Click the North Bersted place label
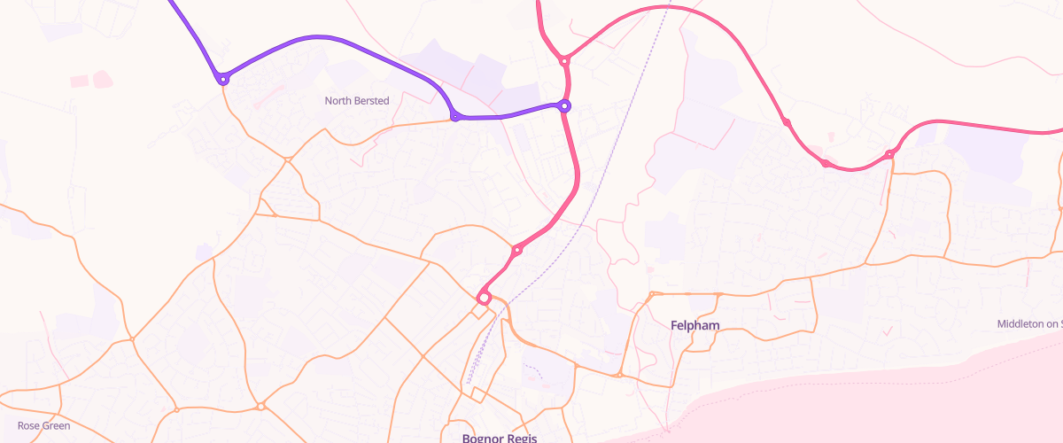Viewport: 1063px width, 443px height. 356,101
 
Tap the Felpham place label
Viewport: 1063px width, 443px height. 694,326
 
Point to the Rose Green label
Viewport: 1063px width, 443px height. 43,426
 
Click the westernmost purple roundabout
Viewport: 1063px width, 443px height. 223,79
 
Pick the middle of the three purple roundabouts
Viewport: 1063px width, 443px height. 455,116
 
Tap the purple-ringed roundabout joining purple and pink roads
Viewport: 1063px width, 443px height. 564,106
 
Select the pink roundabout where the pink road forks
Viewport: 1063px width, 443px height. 563,61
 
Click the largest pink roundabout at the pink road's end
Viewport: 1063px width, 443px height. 485,297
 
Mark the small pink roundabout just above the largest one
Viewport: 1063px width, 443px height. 517,250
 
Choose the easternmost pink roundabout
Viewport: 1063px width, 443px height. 889,155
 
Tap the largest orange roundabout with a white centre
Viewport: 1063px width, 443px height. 260,406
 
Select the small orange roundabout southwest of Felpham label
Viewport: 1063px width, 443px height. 620,376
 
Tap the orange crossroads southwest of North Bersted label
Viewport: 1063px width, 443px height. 288,159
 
